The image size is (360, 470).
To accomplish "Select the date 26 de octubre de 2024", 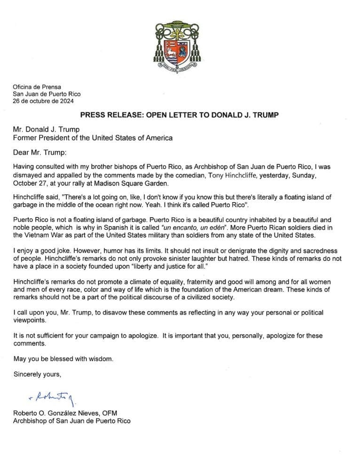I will pyautogui.click(x=43, y=101).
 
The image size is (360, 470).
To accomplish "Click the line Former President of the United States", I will pyautogui.click(x=92, y=138).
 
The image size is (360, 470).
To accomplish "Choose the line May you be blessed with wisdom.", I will pyautogui.click(x=63, y=359).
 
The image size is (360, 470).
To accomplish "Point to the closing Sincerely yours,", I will pyautogui.click(x=37, y=375).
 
